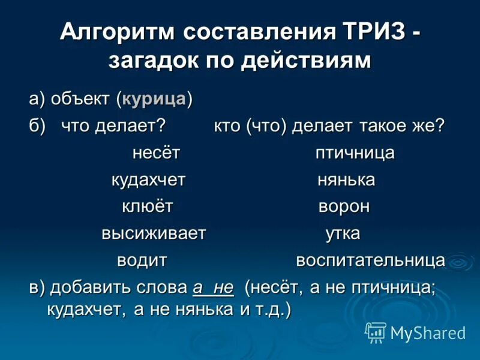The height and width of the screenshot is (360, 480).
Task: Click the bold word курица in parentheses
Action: tap(154, 99)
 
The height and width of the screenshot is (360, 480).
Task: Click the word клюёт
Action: tap(148, 207)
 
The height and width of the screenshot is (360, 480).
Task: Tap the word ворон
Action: tap(344, 207)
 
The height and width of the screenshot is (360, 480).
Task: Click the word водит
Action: tap(142, 261)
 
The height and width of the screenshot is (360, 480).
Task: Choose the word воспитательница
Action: tap(370, 261)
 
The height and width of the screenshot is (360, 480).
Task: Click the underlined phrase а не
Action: tap(212, 287)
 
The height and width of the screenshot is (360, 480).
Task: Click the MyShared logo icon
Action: tap(376, 332)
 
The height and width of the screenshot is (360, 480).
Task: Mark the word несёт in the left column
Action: tap(156, 153)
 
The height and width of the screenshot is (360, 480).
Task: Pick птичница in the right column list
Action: tap(355, 153)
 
